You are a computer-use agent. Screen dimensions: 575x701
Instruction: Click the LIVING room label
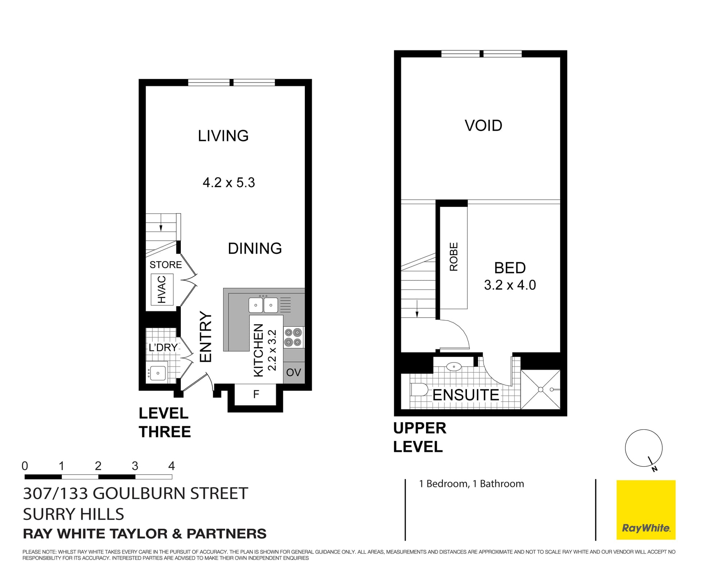[x=223, y=136]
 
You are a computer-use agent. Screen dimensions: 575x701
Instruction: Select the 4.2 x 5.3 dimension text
[x=229, y=182]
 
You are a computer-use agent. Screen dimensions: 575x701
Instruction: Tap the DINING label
[x=254, y=248]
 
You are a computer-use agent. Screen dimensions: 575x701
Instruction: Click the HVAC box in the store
[x=162, y=289]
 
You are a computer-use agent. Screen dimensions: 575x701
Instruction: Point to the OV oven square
[x=294, y=372]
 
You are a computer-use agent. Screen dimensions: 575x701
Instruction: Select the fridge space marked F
[x=256, y=394]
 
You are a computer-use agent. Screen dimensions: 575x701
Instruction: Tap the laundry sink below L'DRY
[x=157, y=373]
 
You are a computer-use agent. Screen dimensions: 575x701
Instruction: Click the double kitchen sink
[x=263, y=305]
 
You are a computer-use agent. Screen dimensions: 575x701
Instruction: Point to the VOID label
[x=483, y=126]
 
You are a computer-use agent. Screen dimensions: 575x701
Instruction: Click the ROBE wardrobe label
[x=453, y=257]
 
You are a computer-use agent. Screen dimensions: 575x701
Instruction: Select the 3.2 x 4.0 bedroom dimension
[x=510, y=285]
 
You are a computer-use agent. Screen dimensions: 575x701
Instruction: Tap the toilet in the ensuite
[x=419, y=390]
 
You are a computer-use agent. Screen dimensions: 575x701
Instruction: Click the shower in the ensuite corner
[x=540, y=390]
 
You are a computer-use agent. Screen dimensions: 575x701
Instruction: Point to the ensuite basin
[x=453, y=366]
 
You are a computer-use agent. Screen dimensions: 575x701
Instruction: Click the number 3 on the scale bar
[x=135, y=466]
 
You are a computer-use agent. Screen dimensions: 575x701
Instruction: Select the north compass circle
[x=643, y=448]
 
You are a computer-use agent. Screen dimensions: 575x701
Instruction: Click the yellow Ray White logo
[x=646, y=510]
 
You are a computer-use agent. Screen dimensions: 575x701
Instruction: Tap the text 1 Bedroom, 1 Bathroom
[x=471, y=484]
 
